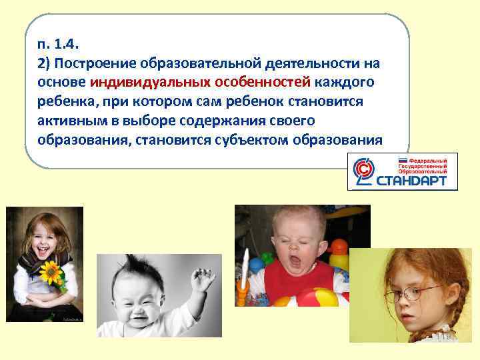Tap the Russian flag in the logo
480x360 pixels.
click(402, 161)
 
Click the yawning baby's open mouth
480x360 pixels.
click(297, 253)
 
